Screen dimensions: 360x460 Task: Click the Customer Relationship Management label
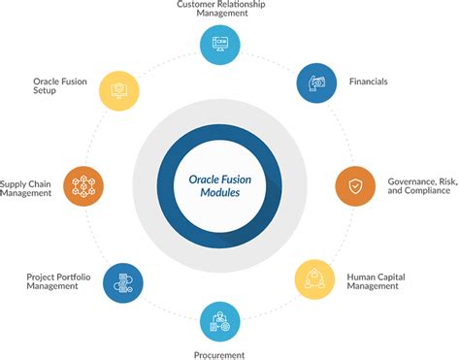[x=220, y=10]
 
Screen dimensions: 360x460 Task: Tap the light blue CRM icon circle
[x=220, y=45]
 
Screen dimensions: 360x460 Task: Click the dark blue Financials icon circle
[x=315, y=83]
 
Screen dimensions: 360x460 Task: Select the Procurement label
[x=220, y=355]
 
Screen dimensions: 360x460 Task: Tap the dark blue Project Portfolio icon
[x=123, y=282]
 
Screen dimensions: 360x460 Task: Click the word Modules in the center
[x=229, y=193]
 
